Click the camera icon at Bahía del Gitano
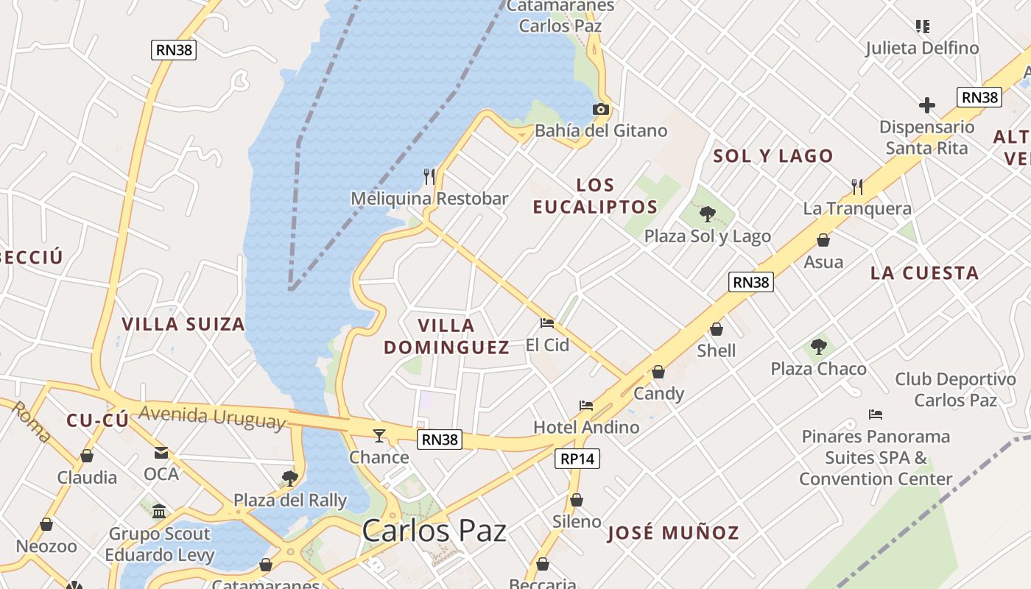click(x=601, y=110)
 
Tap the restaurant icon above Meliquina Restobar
click(x=429, y=176)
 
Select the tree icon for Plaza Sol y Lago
click(x=707, y=214)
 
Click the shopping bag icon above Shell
click(x=717, y=329)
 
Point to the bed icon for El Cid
click(x=546, y=323)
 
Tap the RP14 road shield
click(x=577, y=459)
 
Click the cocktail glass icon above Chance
click(x=379, y=435)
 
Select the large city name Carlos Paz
click(x=434, y=531)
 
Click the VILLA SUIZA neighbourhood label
click(x=183, y=324)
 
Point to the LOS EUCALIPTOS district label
click(x=595, y=196)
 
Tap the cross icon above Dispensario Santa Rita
click(x=927, y=105)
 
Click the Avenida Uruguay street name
click(x=211, y=416)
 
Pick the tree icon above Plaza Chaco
click(x=817, y=347)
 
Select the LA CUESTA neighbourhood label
click(x=924, y=273)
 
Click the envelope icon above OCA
click(x=161, y=452)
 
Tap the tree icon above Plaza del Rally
click(x=290, y=479)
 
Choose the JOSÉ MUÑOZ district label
click(x=673, y=533)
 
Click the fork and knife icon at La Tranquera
click(x=857, y=186)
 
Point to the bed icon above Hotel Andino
click(x=586, y=406)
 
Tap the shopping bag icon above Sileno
click(x=577, y=500)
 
